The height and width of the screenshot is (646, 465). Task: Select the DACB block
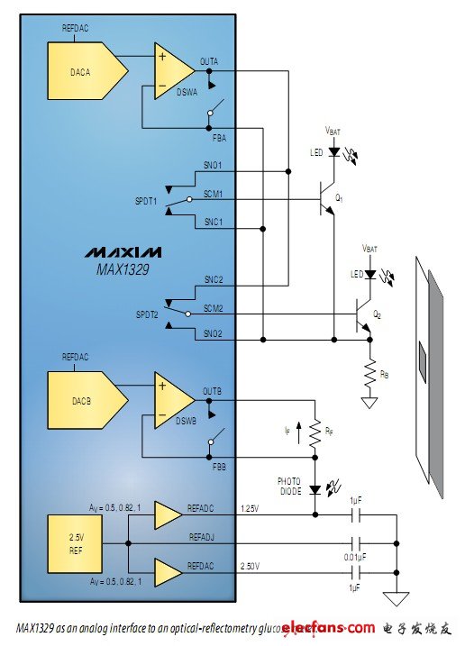(x=86, y=396)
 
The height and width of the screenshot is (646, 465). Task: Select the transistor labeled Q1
(x=327, y=199)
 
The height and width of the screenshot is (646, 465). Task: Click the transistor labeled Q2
(x=363, y=314)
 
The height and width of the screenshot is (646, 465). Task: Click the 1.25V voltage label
(x=250, y=509)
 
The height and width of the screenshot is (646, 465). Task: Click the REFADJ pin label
(x=202, y=537)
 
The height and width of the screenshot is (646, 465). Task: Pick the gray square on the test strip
(x=422, y=363)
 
